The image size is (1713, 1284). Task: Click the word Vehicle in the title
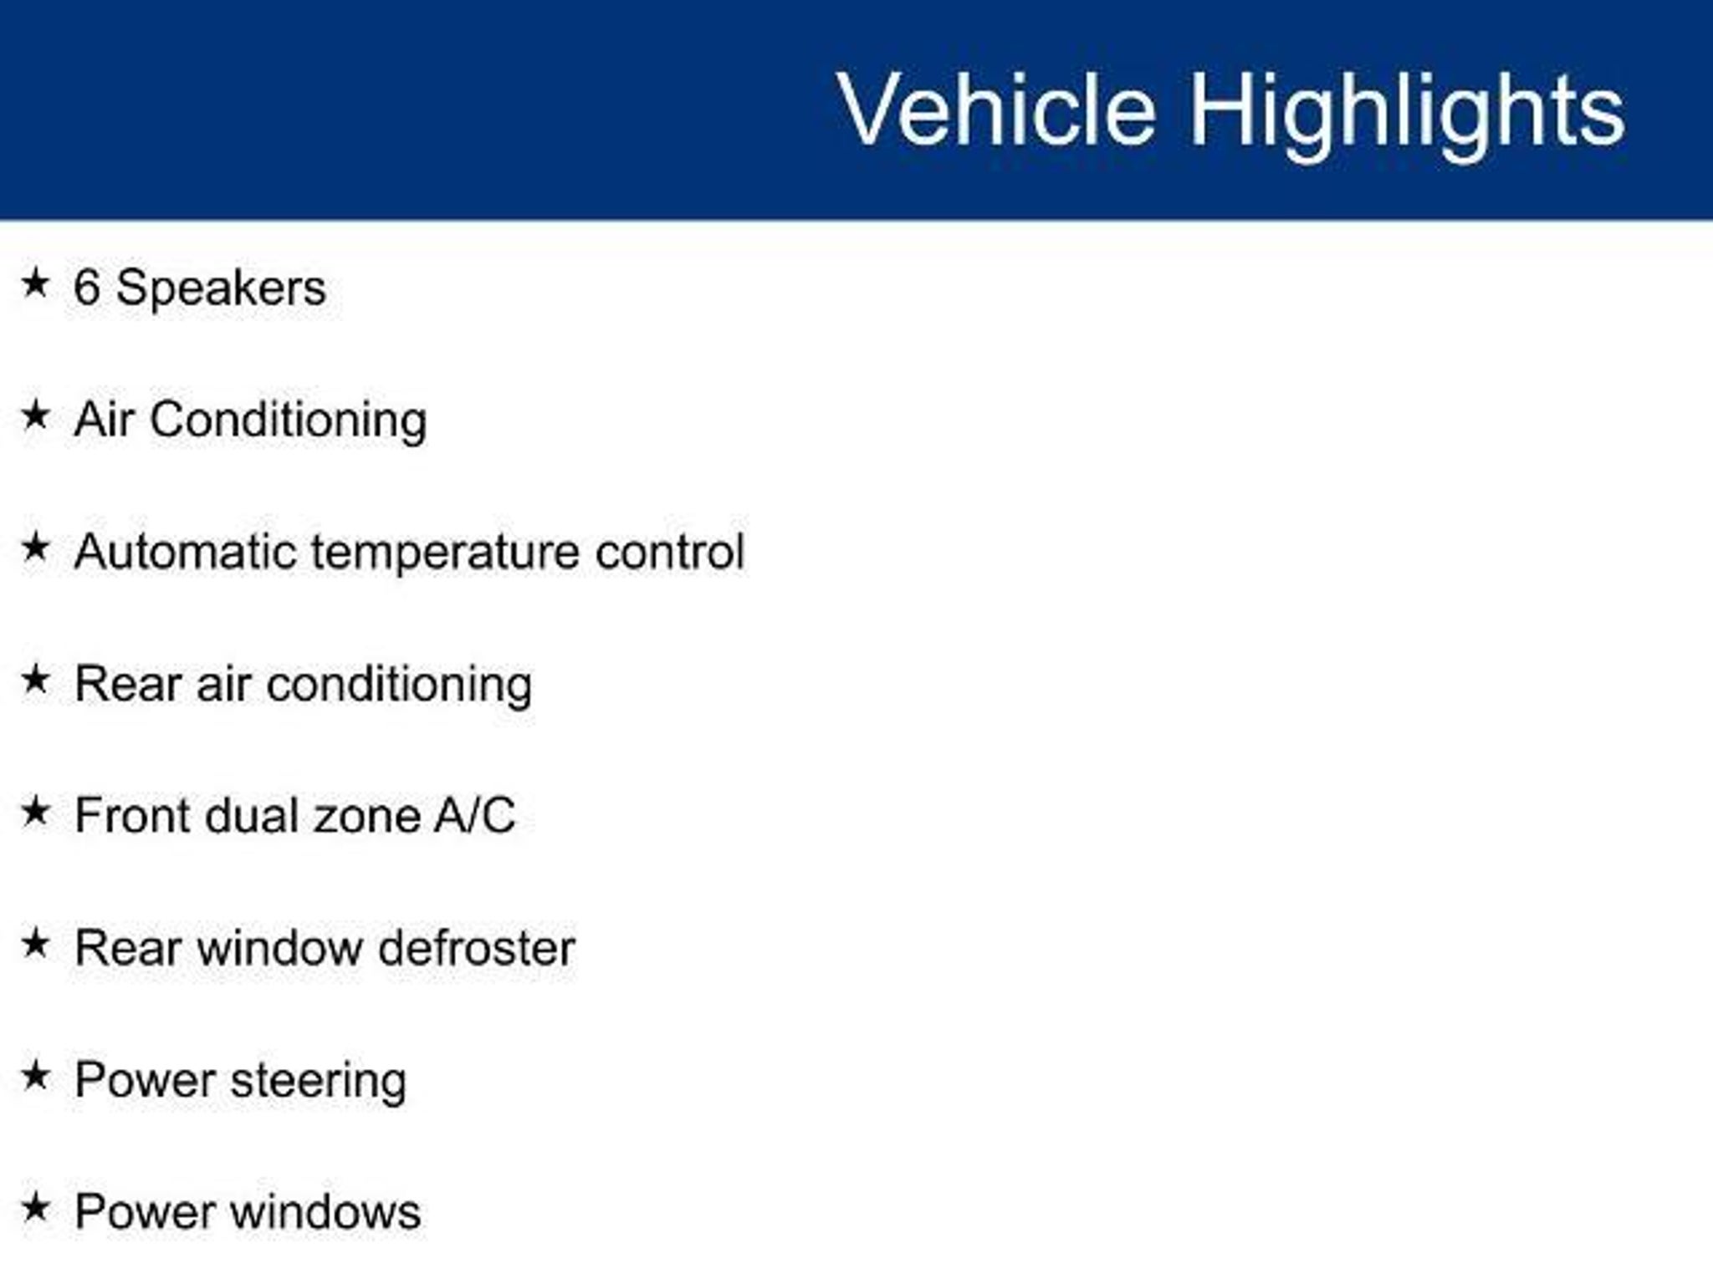pyautogui.click(x=996, y=109)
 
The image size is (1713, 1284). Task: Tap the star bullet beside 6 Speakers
pyautogui.click(x=35, y=283)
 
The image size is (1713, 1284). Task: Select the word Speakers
pyautogui.click(x=221, y=289)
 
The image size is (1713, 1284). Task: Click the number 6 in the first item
pyautogui.click(x=87, y=288)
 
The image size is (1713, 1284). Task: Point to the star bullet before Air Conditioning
pyautogui.click(x=35, y=415)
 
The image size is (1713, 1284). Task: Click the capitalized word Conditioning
pyautogui.click(x=289, y=420)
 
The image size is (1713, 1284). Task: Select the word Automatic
pyautogui.click(x=185, y=552)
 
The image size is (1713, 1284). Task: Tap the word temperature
pyautogui.click(x=445, y=554)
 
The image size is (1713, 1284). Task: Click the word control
pyautogui.click(x=669, y=552)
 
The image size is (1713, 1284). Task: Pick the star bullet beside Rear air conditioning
pyautogui.click(x=35, y=679)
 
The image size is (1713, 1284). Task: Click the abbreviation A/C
pyautogui.click(x=474, y=816)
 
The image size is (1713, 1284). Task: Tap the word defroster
pyautogui.click(x=476, y=949)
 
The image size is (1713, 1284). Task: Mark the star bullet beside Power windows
pyautogui.click(x=35, y=1207)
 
